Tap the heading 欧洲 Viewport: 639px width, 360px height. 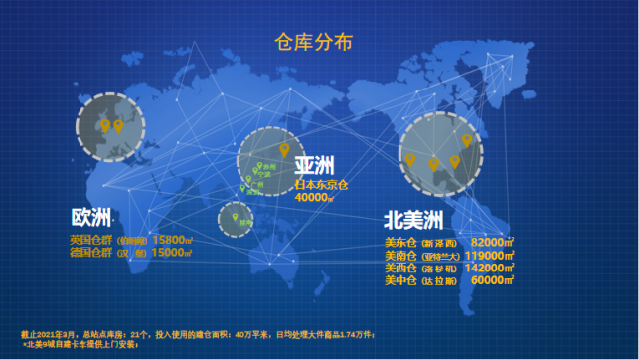click(90, 218)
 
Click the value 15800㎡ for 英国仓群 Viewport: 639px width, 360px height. click(172, 240)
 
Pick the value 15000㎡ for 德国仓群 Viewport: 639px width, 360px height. click(172, 253)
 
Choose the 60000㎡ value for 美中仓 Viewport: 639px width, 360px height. click(492, 281)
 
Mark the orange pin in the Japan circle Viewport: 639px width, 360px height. click(284, 150)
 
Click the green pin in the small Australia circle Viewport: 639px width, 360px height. click(236, 216)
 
